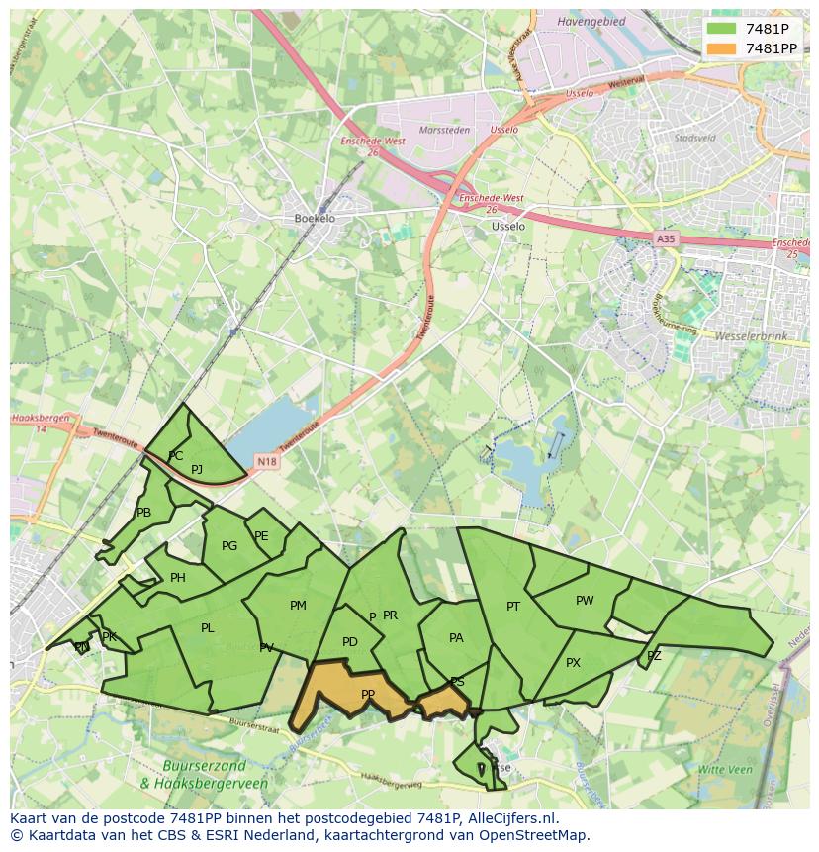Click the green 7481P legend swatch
(x=722, y=29)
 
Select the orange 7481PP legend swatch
(x=722, y=48)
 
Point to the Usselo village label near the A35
(x=508, y=226)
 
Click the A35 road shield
(x=666, y=238)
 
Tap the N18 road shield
(x=266, y=461)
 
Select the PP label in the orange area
(x=368, y=695)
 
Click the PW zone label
(x=585, y=601)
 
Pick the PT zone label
(x=513, y=607)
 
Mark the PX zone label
(x=573, y=663)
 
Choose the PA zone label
(x=456, y=638)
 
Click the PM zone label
(x=298, y=606)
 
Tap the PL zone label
(x=207, y=628)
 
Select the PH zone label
(x=178, y=578)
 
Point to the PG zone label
(x=229, y=546)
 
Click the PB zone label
(x=143, y=513)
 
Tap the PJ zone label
(x=197, y=470)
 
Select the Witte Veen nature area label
(x=725, y=769)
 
